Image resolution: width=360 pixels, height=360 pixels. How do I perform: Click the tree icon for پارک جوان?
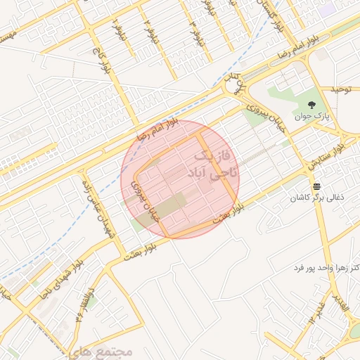pos(314,104)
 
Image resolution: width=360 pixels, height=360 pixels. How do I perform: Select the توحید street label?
pos(345,91)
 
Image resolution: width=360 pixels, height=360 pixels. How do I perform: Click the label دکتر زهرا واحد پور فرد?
pos(326,269)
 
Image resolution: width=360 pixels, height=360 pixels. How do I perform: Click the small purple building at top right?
pos(326,10)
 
